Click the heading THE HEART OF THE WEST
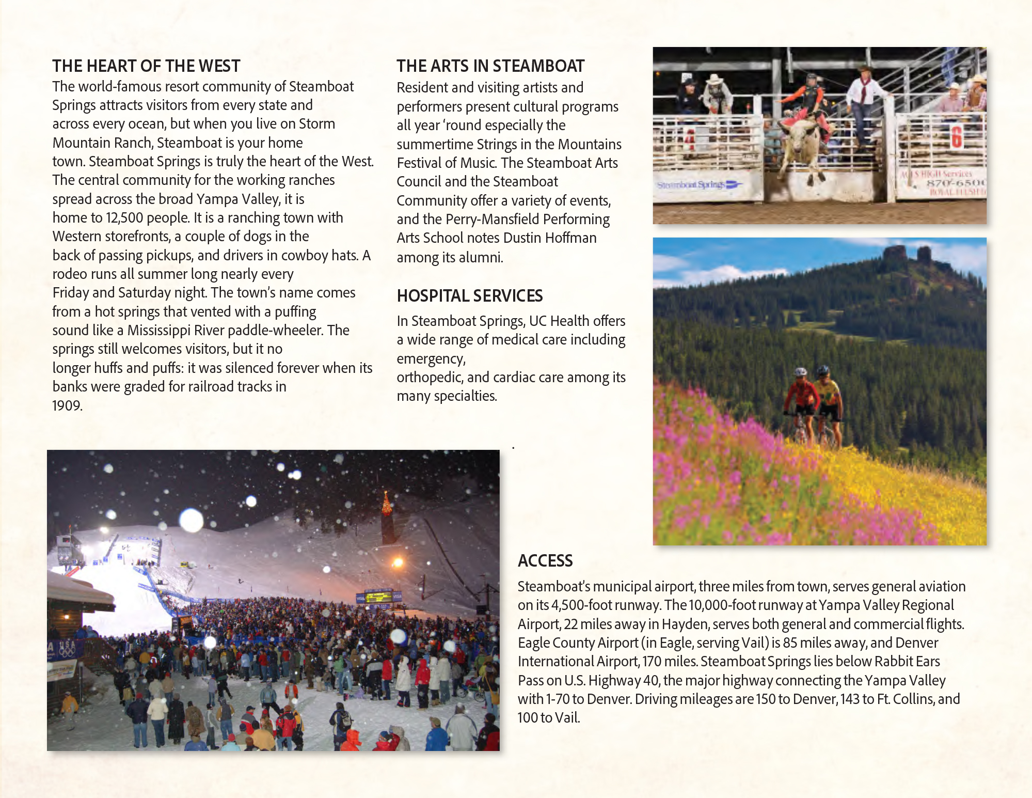[x=146, y=66]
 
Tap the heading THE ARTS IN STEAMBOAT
[x=490, y=66]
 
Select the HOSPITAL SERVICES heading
[x=470, y=296]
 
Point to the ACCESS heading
[x=545, y=561]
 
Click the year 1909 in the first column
[x=67, y=405]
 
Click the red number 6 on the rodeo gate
[x=957, y=136]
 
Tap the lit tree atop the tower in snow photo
[x=386, y=504]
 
